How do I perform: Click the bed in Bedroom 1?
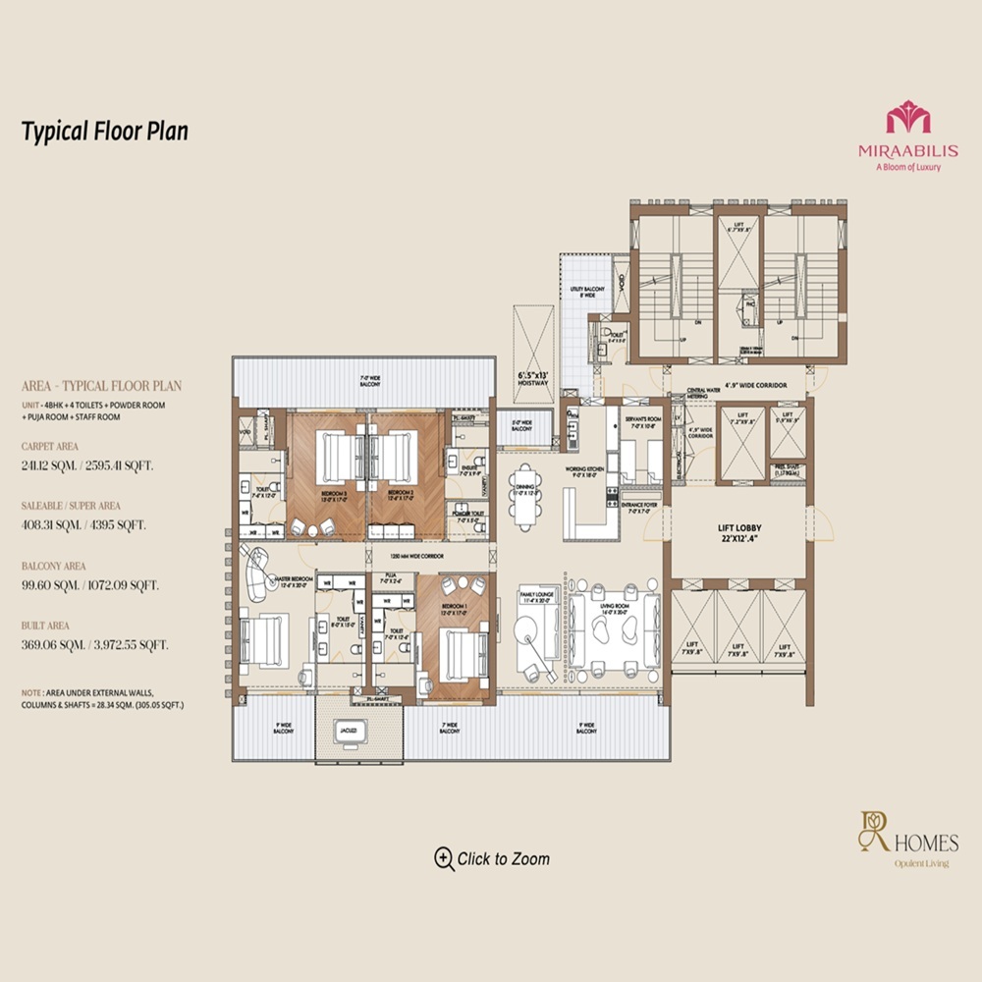461,653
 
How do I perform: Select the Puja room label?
390,579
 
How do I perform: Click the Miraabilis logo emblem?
907,121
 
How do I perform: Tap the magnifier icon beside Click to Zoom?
444,858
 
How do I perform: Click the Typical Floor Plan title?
104,131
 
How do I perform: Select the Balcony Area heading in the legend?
54,567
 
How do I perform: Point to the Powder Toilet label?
464,514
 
